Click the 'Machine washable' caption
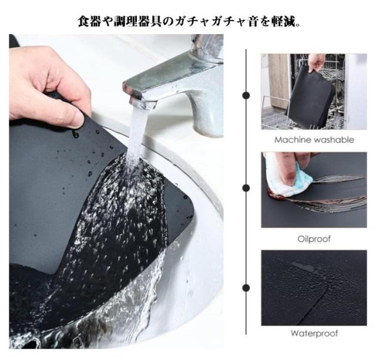coord(314,139)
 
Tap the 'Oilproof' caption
coord(314,239)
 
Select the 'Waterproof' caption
coord(314,333)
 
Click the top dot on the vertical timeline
coord(246,95)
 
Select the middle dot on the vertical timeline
coord(246,188)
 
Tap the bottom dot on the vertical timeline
coord(246,288)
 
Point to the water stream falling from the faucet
coord(137,135)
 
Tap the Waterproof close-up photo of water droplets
coord(314,288)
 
